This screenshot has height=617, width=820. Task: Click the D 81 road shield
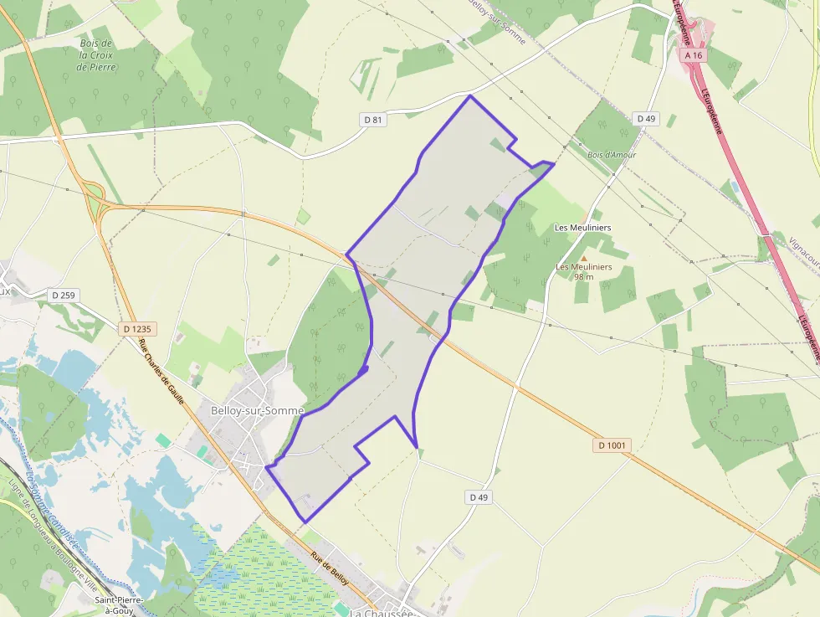click(x=373, y=120)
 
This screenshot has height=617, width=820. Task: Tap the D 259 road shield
click(x=63, y=295)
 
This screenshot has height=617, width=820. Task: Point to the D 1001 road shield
click(x=612, y=445)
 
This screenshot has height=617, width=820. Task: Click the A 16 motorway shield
click(x=694, y=54)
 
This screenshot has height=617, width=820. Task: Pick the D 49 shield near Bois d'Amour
click(x=646, y=119)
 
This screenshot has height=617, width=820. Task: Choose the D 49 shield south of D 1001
click(x=478, y=497)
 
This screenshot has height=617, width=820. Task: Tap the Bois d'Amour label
click(x=612, y=155)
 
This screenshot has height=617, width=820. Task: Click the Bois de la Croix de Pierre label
click(x=96, y=54)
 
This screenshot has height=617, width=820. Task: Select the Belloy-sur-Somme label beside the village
click(x=247, y=410)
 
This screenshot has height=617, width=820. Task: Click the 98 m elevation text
click(x=584, y=277)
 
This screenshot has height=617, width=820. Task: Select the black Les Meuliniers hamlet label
click(x=583, y=228)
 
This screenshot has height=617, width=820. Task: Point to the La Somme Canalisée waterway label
click(x=52, y=511)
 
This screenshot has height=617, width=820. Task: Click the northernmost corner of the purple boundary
click(x=469, y=96)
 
